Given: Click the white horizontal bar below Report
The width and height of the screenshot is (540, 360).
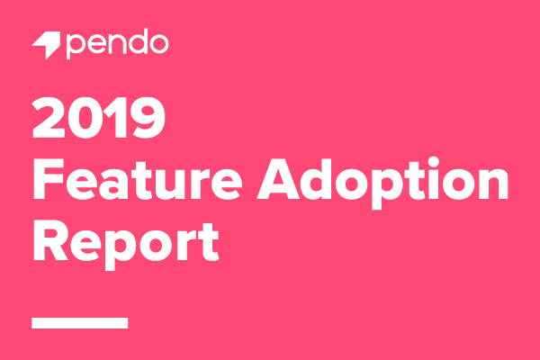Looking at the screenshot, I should point(80,322).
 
